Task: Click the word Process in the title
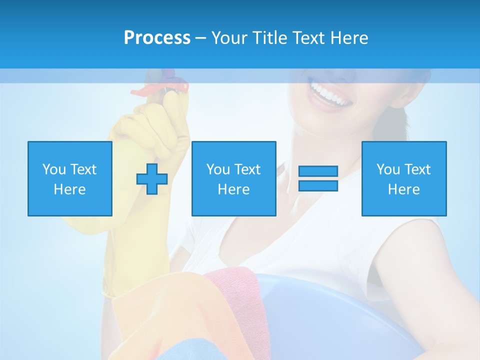pyautogui.click(x=157, y=38)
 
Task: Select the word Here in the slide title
pyautogui.click(x=348, y=38)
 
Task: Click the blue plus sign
pyautogui.click(x=152, y=178)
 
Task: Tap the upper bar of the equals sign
pyautogui.click(x=318, y=171)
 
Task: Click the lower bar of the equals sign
pyautogui.click(x=318, y=185)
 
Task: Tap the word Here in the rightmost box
pyautogui.click(x=404, y=189)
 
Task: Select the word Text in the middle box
pyautogui.click(x=247, y=169)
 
